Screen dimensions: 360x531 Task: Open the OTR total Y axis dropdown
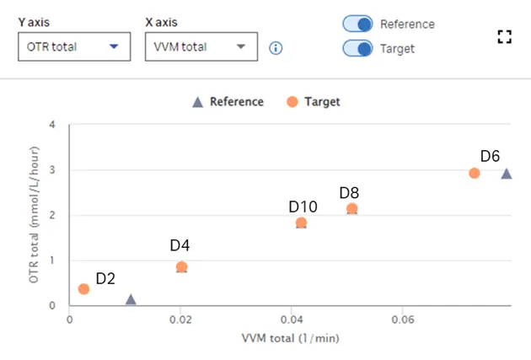tap(74, 46)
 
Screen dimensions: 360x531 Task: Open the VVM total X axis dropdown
tap(201, 46)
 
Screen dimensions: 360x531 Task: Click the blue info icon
tap(276, 48)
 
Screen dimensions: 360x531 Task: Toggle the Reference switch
tap(357, 25)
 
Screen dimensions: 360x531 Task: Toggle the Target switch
tap(357, 48)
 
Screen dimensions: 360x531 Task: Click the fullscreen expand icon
tap(504, 36)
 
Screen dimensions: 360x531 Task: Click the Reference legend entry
tap(228, 102)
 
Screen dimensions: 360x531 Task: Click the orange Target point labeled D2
tap(83, 289)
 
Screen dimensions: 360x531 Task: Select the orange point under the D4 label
tap(181, 267)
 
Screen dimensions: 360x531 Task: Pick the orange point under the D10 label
tap(301, 223)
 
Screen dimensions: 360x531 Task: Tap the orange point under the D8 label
tap(352, 208)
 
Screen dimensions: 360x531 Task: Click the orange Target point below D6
tap(475, 173)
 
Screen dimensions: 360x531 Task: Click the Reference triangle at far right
tap(507, 174)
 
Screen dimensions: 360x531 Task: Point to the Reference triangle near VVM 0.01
tap(131, 299)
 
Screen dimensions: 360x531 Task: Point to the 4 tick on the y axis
tap(52, 125)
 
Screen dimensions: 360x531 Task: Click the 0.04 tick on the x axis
tap(292, 320)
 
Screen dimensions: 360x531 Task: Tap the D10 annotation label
tap(303, 207)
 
